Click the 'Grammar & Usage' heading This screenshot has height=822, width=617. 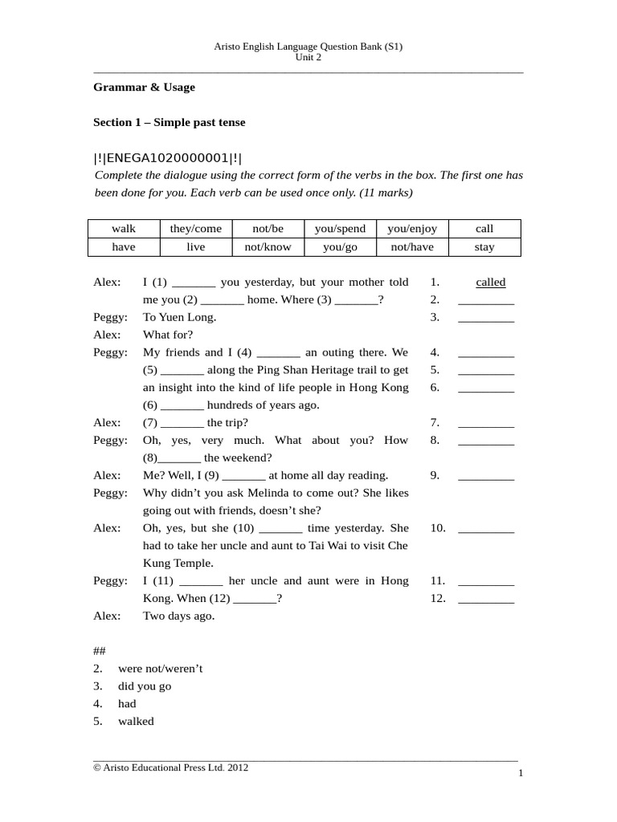click(x=144, y=87)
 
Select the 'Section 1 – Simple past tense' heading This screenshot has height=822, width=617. click(x=170, y=122)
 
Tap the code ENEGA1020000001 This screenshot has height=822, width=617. click(x=168, y=158)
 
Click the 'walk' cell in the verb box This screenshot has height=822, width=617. click(x=123, y=229)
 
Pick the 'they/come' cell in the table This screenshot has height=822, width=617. click(x=195, y=229)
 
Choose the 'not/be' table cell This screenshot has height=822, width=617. click(x=268, y=229)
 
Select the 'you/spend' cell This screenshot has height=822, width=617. click(x=340, y=229)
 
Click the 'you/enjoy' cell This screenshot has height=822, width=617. click(x=411, y=229)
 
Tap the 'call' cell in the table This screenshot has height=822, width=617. click(x=484, y=229)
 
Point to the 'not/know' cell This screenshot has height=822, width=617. click(x=268, y=247)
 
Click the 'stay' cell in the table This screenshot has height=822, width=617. click(x=484, y=247)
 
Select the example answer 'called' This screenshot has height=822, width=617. click(x=490, y=283)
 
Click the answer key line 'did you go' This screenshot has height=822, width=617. click(x=145, y=686)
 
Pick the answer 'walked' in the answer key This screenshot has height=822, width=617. click(x=136, y=721)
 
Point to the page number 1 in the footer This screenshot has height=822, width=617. click(x=521, y=773)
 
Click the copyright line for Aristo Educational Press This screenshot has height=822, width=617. click(x=171, y=767)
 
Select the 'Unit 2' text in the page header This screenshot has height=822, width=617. click(x=308, y=58)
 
